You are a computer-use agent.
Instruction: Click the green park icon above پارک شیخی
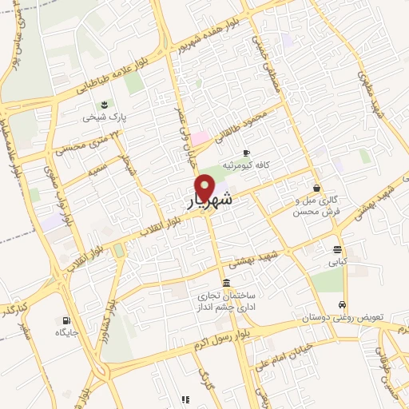104,105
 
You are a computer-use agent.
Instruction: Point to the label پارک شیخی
104,117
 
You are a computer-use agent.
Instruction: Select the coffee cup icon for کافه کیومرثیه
247,152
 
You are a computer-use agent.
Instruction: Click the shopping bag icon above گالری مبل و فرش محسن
318,189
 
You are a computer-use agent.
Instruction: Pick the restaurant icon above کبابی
338,248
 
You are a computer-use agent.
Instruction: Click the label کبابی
336,260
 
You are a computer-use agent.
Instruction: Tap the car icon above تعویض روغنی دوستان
342,305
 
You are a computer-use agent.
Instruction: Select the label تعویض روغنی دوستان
342,317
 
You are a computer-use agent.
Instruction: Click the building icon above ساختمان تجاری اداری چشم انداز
228,284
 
